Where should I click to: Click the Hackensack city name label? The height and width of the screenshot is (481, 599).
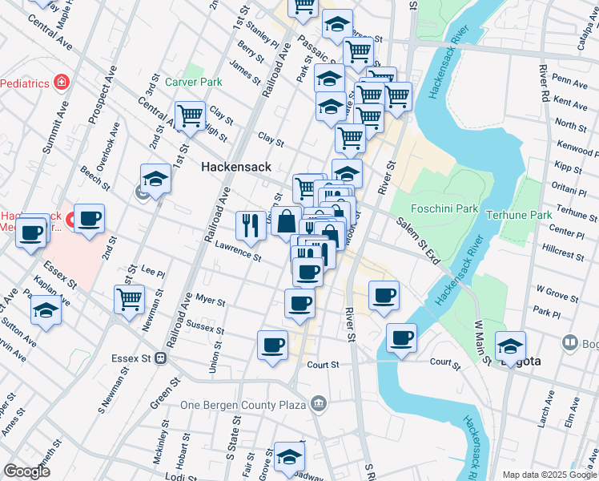click(x=236, y=167)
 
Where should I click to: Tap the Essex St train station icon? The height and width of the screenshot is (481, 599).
click(x=161, y=358)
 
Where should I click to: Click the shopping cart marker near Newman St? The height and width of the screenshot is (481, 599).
click(x=129, y=300)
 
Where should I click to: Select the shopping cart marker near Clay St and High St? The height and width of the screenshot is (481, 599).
click(x=191, y=116)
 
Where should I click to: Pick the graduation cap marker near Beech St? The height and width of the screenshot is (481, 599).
click(x=156, y=180)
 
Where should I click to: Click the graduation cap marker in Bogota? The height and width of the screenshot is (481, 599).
click(x=510, y=346)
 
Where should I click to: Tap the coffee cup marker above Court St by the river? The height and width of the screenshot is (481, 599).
click(x=401, y=338)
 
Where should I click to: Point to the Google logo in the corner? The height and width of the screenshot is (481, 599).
click(x=27, y=471)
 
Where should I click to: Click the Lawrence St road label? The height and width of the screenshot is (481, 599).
click(x=238, y=253)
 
